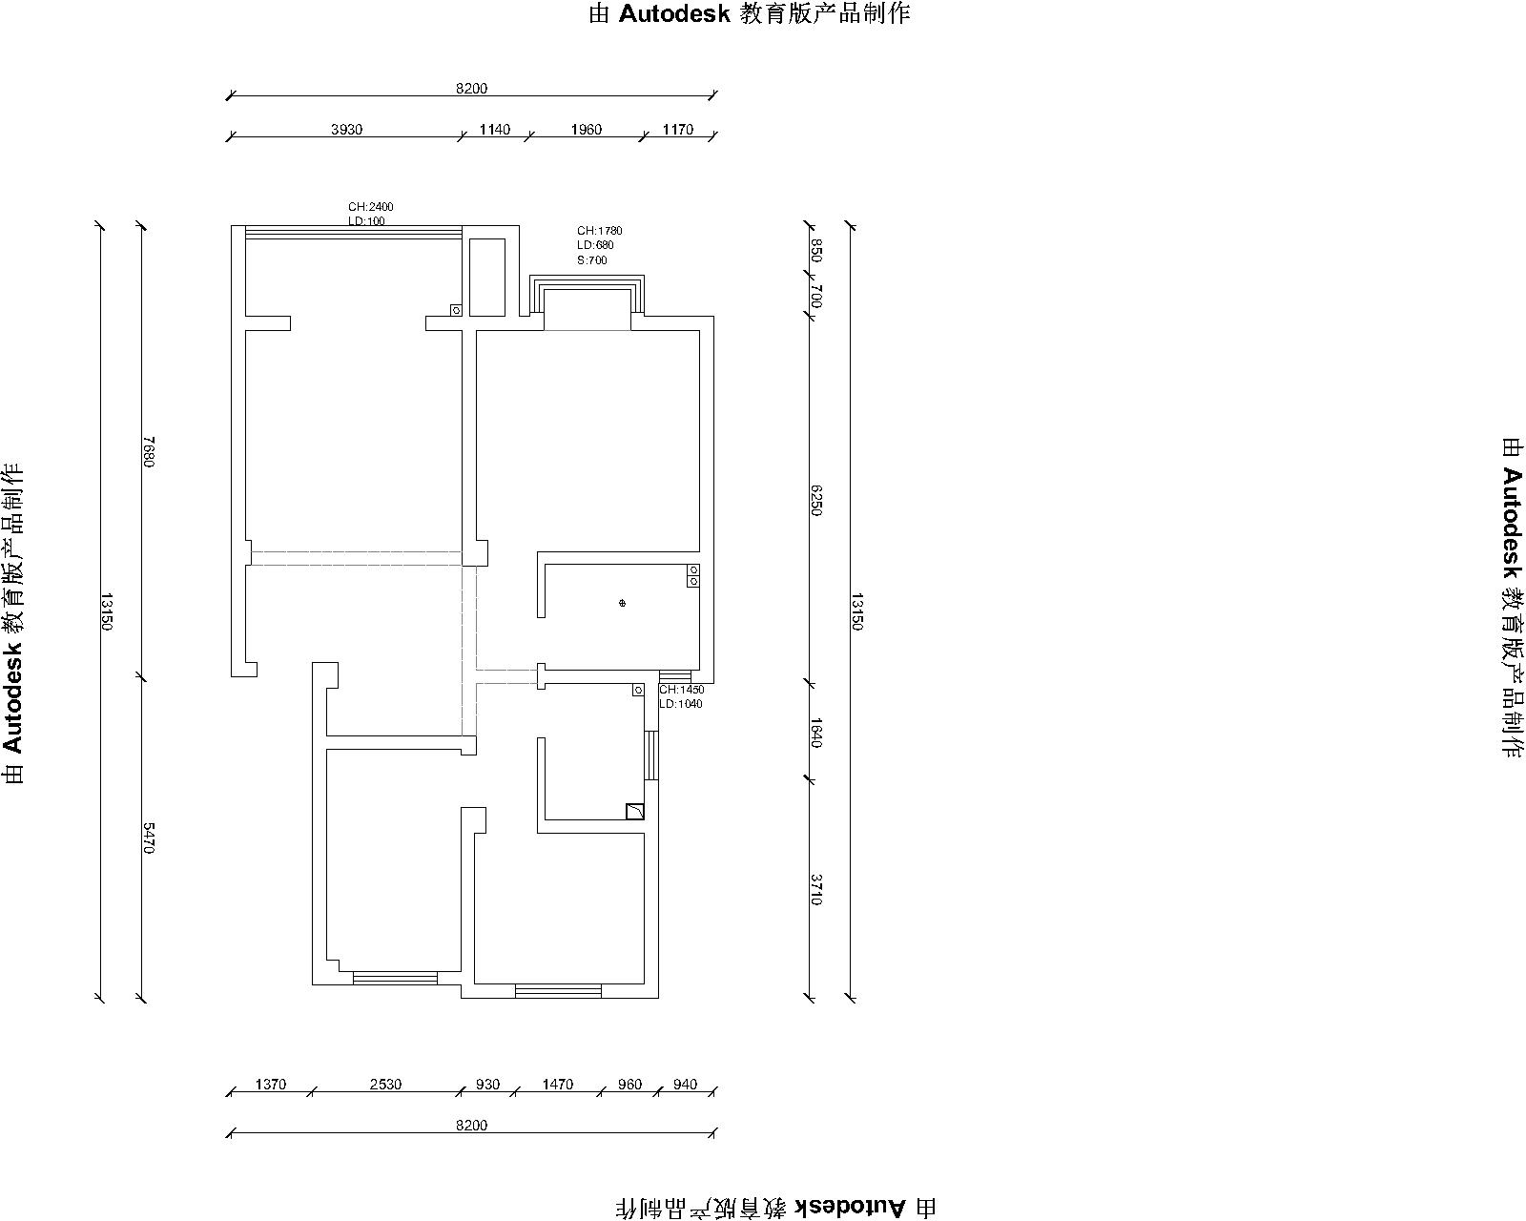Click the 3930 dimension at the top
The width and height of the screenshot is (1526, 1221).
click(346, 129)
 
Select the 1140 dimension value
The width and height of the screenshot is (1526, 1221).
click(494, 129)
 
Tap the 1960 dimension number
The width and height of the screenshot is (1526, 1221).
click(586, 129)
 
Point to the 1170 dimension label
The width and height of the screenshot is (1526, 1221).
click(677, 129)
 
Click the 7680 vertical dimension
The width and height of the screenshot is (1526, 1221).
click(148, 451)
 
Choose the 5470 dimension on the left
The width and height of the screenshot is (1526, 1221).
click(148, 838)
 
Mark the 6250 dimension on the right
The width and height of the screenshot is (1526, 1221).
click(816, 501)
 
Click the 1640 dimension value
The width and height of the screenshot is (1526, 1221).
click(816, 733)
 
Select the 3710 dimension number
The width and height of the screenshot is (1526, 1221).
click(816, 890)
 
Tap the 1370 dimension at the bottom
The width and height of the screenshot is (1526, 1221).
click(270, 1084)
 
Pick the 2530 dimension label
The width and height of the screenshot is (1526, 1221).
click(385, 1084)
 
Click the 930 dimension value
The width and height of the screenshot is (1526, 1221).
click(488, 1084)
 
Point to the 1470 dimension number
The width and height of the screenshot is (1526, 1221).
click(557, 1084)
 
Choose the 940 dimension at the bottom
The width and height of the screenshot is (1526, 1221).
click(685, 1084)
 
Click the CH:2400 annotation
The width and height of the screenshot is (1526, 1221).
click(370, 206)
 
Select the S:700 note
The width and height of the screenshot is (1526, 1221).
click(592, 259)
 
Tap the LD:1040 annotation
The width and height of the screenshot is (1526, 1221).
click(681, 704)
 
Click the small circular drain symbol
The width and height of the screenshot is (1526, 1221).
click(622, 603)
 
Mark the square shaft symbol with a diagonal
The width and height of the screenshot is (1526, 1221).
click(634, 811)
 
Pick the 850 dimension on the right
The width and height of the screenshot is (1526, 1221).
click(816, 251)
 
